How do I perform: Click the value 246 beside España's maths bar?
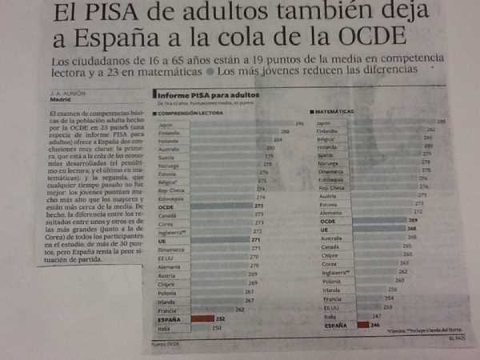coord(374,325)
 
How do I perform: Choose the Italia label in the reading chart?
coord(163,327)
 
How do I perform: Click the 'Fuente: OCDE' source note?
coord(163,344)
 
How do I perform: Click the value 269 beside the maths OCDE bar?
coord(413,220)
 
